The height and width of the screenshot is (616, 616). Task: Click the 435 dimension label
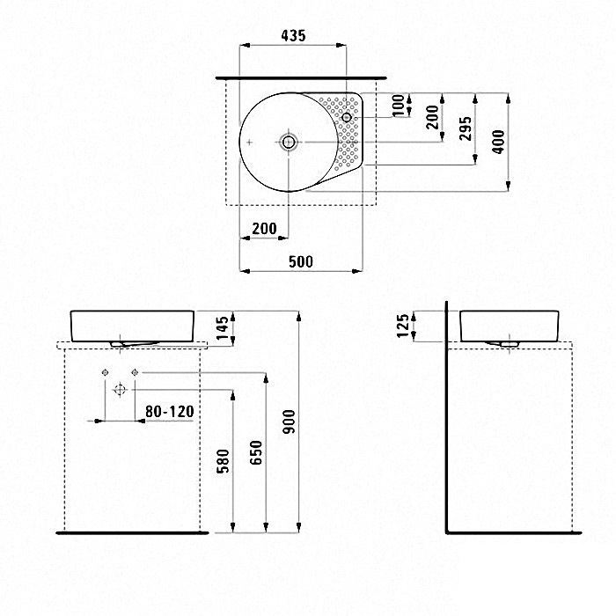[293, 36]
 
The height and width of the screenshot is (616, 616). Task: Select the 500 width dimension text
[301, 261]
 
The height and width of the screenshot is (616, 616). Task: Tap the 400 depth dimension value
[499, 142]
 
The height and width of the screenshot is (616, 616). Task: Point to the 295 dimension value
[466, 128]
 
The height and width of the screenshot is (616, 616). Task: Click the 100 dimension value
[399, 106]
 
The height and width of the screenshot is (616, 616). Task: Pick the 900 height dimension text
[290, 422]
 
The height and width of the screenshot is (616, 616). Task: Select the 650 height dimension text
[256, 452]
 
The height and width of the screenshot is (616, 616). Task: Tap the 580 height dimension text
[223, 462]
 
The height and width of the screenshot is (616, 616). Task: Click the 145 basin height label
[222, 328]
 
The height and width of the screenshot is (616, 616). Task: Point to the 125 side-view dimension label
[403, 326]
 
